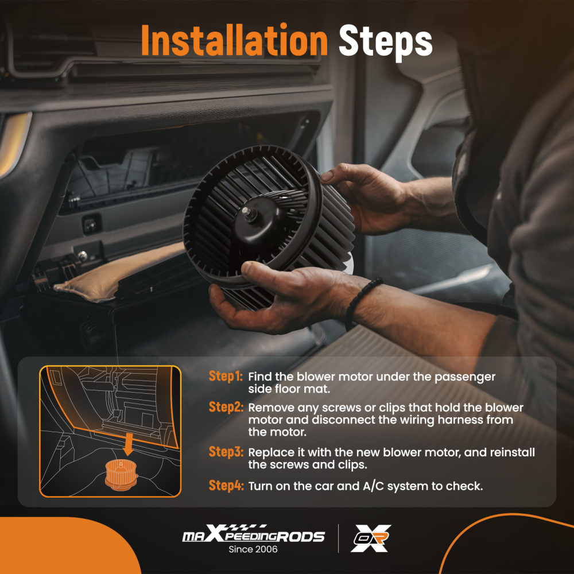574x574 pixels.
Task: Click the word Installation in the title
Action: [x=234, y=40]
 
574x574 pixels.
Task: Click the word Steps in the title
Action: [x=386, y=42]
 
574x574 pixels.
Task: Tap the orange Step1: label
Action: [x=226, y=376]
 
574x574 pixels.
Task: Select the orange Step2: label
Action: [x=226, y=407]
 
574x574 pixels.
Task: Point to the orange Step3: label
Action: [x=226, y=452]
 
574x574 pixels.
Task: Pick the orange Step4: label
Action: [x=226, y=486]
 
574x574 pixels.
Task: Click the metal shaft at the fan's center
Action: [x=250, y=214]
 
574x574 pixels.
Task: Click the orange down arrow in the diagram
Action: [x=128, y=444]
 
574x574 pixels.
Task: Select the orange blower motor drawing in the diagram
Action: [x=121, y=475]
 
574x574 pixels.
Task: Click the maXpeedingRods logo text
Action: [x=253, y=534]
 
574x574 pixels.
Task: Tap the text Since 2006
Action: [x=253, y=549]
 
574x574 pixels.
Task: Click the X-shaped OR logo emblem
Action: [x=370, y=538]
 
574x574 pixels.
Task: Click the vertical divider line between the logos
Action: [x=338, y=538]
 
